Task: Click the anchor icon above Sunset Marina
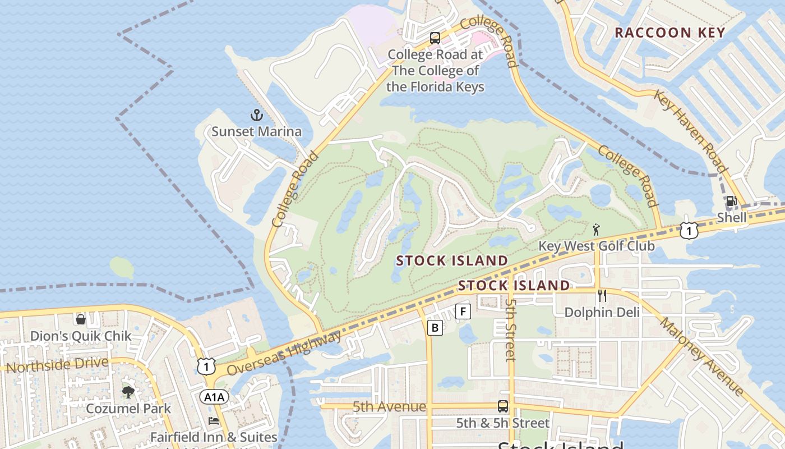tap(256, 116)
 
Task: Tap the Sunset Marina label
tap(256, 132)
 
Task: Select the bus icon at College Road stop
tap(435, 38)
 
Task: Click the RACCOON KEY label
tap(670, 33)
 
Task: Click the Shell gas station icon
tap(731, 201)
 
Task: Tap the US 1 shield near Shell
tap(689, 230)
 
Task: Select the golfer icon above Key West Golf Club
tap(596, 230)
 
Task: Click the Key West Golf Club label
tap(596, 246)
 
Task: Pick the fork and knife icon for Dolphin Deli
tap(602, 296)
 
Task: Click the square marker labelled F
tap(463, 311)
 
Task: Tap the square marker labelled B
tap(435, 327)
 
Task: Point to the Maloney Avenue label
tap(701, 357)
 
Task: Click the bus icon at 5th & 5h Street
tap(503, 406)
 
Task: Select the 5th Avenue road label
tap(389, 406)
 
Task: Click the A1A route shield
tap(214, 397)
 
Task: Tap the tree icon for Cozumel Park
tap(128, 392)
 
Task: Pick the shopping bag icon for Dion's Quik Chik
tap(81, 319)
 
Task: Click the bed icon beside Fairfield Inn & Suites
tap(213, 421)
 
